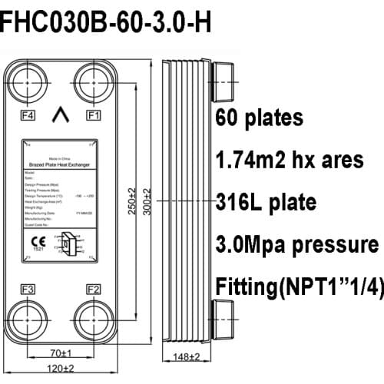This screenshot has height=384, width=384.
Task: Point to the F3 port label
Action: [x=27, y=290]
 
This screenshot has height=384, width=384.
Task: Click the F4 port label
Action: [x=27, y=116]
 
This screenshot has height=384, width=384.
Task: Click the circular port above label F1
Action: [x=91, y=82]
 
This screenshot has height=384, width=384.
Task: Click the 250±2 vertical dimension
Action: [x=132, y=202]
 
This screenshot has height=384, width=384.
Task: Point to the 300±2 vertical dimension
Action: [x=147, y=202]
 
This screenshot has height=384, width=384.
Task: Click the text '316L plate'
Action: [x=265, y=203]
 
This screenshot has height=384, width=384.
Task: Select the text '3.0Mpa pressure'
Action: [x=296, y=244]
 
